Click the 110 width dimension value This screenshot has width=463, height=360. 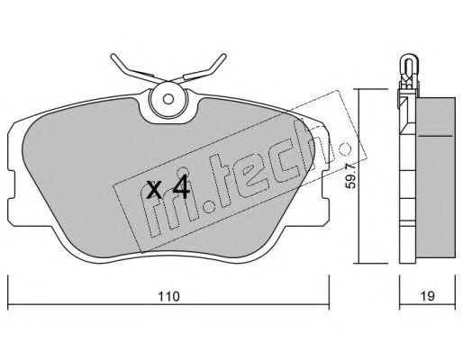pyautogui.click(x=168, y=296)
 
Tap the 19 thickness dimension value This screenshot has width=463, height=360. pyautogui.click(x=427, y=296)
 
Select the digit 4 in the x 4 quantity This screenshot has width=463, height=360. pyautogui.click(x=181, y=187)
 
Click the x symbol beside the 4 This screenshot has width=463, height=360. pyautogui.click(x=155, y=190)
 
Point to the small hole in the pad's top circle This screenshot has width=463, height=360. pyautogui.click(x=168, y=99)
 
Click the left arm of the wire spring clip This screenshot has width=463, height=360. pyautogui.click(x=135, y=69)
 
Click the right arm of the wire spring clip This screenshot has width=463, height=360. pyautogui.click(x=200, y=69)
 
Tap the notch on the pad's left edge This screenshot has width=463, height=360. pyautogui.click(x=11, y=184)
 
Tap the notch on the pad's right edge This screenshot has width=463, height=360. pyautogui.click(x=325, y=184)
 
